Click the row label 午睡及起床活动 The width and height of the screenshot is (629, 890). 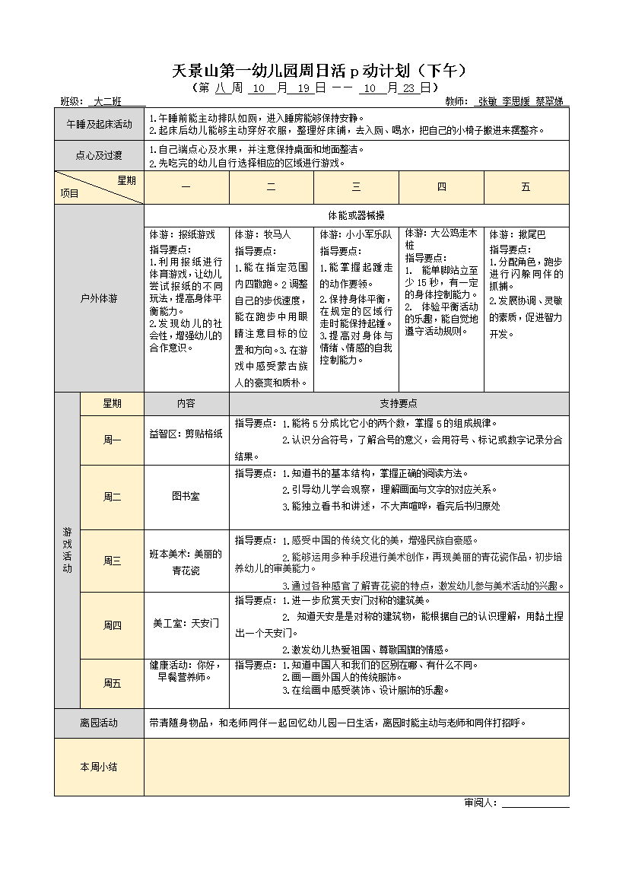pos(99,124)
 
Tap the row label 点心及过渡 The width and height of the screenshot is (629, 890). pos(99,156)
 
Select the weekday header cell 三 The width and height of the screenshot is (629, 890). pos(356,187)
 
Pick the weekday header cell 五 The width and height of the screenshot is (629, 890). pos(526,187)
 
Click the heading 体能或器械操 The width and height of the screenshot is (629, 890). pos(356,215)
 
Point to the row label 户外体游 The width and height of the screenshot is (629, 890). pos(99,298)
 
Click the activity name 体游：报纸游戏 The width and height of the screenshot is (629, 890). pos(183,234)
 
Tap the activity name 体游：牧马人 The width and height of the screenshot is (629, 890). pos(262,234)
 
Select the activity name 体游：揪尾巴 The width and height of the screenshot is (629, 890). pos(518,234)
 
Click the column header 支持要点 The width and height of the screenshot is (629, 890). pos(399,404)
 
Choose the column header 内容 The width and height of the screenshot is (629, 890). pos(186,404)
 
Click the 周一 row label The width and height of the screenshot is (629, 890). pos(112,440)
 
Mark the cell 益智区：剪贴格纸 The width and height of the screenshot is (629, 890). pos(186,434)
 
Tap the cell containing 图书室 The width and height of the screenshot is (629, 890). pos(186,497)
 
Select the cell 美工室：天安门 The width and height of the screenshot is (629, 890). pos(186,623)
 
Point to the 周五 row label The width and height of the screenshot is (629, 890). pos(112,683)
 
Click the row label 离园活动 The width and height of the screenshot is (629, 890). pos(99,723)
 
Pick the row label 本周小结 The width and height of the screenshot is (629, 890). pos(99,767)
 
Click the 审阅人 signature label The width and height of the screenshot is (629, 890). pos(481,803)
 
